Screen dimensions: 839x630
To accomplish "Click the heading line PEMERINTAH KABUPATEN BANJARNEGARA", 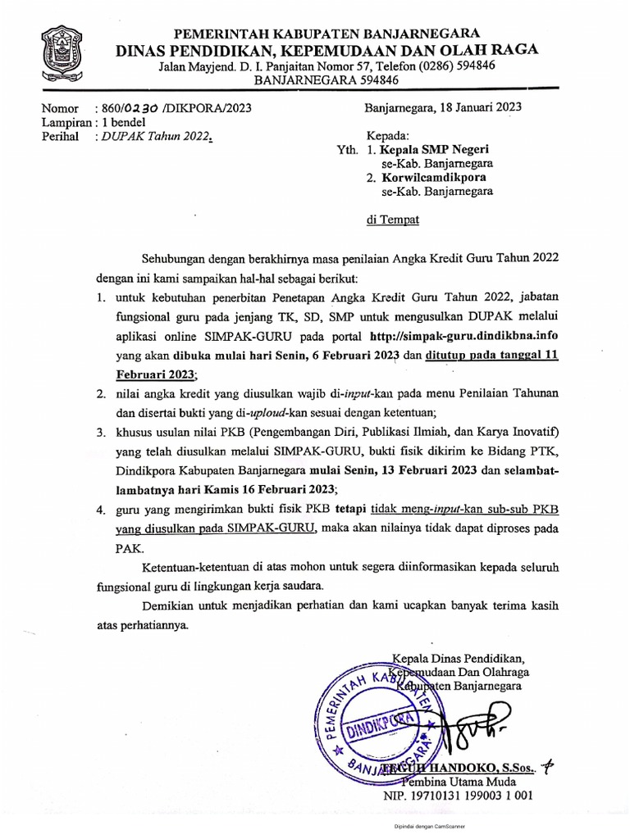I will coord(326,34).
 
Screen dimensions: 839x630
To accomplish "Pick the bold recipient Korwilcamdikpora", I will coord(435,178).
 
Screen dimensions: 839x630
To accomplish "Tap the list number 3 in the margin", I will coord(99,432).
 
